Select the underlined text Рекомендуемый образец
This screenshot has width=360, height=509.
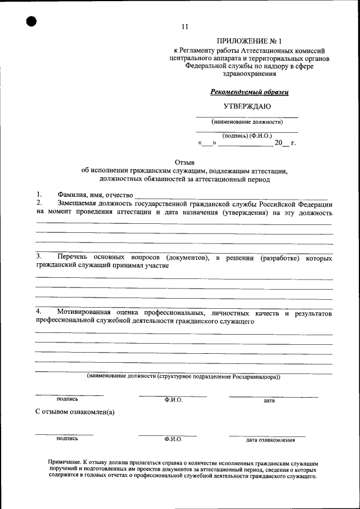[249, 92]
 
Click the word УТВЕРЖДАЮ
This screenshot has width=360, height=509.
[247, 106]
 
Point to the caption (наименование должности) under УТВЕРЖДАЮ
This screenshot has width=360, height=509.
[247, 121]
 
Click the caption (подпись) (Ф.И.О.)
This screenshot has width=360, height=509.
[247, 136]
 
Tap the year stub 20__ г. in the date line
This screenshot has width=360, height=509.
[285, 143]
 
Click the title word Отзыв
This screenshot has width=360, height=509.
[184, 161]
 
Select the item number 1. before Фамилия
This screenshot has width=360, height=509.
[39, 195]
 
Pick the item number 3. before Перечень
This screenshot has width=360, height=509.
[39, 257]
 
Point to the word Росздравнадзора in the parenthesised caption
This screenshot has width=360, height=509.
[256, 376]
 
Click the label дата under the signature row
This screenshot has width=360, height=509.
[269, 400]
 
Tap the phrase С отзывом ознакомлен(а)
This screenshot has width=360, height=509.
[75, 412]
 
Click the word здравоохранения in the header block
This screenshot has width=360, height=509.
[249, 74]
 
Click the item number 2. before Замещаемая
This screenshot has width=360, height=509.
[39, 203]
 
